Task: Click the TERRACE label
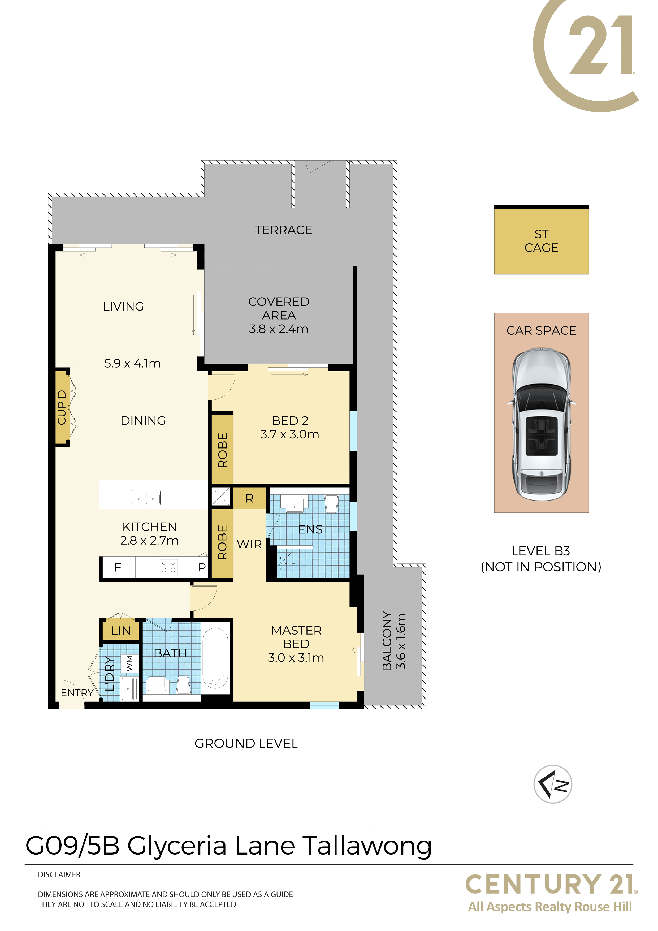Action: (283, 230)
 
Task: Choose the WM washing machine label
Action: (129, 663)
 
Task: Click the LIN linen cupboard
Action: (121, 631)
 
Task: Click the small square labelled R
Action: (249, 498)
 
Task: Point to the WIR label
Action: (249, 544)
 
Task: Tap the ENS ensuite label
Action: (310, 529)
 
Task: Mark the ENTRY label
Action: (77, 693)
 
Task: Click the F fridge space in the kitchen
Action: (118, 567)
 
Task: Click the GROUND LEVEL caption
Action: (246, 743)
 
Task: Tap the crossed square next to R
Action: (221, 497)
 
